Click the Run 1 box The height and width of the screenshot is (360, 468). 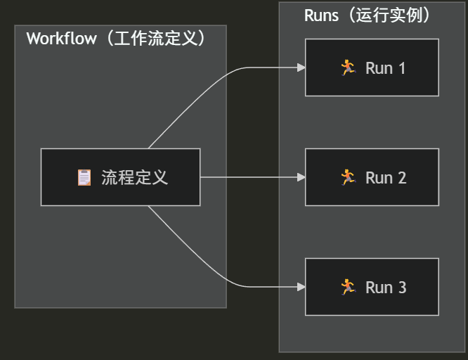[x=372, y=67]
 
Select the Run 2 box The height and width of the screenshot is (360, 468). [x=372, y=177]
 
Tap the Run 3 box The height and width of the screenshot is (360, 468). [x=372, y=287]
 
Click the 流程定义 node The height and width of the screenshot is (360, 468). [x=120, y=177]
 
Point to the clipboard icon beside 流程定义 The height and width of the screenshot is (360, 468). [x=84, y=177]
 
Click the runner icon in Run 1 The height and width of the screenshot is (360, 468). [x=348, y=67]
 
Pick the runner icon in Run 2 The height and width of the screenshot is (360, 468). [x=348, y=177]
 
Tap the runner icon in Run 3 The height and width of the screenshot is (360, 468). [x=348, y=287]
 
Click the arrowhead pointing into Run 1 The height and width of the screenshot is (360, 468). [x=301, y=67]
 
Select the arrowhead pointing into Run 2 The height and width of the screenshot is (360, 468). [x=301, y=177]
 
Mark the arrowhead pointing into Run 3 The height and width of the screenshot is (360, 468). [x=301, y=287]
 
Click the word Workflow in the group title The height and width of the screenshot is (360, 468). [x=61, y=39]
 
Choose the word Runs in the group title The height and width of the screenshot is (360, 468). [x=320, y=15]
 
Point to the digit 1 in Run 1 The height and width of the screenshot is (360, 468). [x=402, y=68]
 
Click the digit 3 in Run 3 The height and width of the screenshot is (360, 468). [x=402, y=288]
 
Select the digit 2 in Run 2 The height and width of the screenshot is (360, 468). [x=402, y=178]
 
